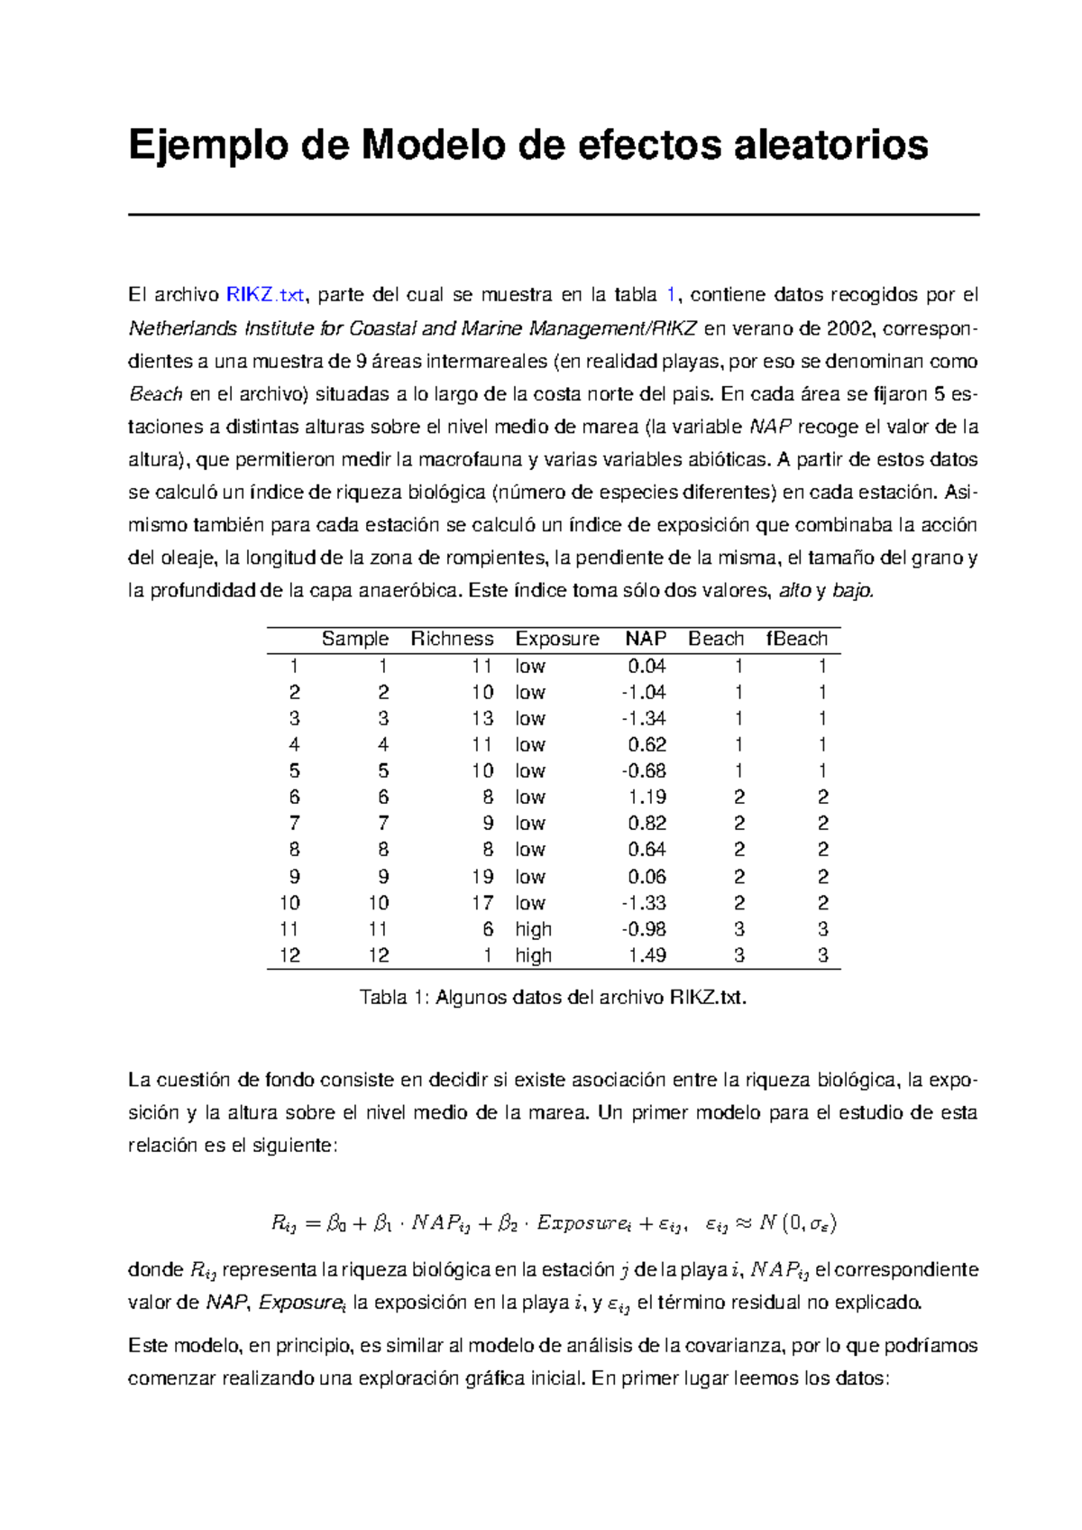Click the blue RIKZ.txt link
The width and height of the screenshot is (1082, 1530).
(x=265, y=295)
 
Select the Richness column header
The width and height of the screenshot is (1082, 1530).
(x=452, y=639)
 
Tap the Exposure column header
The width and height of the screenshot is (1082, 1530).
(x=556, y=639)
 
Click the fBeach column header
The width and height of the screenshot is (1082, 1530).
(x=796, y=639)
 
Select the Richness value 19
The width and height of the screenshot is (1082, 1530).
(x=482, y=877)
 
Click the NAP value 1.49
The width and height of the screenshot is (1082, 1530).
(x=647, y=955)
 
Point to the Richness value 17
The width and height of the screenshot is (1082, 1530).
(x=482, y=903)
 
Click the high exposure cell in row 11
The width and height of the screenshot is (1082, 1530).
(x=533, y=929)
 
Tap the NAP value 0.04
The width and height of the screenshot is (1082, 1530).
(x=647, y=667)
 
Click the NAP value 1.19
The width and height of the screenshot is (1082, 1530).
(x=647, y=797)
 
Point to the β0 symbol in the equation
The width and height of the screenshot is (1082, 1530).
(x=337, y=1224)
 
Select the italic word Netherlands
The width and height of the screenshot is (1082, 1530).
(x=182, y=327)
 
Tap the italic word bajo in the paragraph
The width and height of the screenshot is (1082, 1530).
(x=853, y=592)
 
